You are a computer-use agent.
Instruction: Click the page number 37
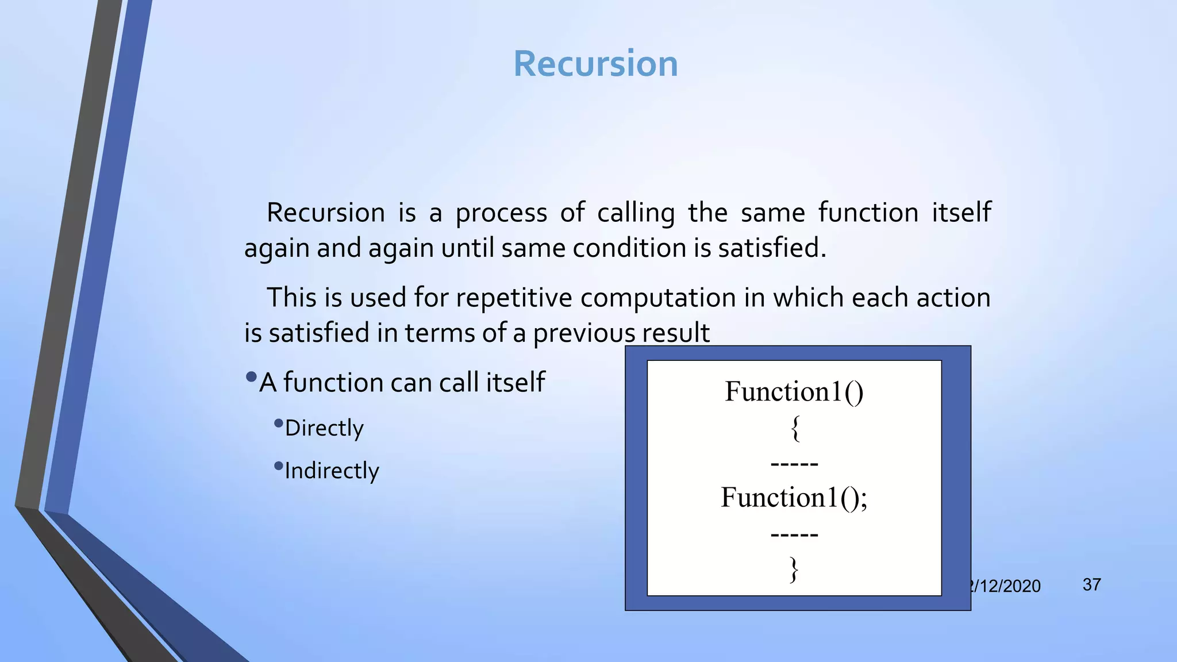(x=1091, y=585)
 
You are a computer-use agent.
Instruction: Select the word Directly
(x=324, y=429)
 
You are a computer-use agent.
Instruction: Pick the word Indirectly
(x=332, y=471)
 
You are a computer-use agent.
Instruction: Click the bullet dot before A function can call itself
(x=251, y=378)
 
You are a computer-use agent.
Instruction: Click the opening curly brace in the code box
(x=795, y=429)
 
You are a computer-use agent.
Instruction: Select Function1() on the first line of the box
(x=794, y=392)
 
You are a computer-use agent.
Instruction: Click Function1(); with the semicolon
(x=794, y=498)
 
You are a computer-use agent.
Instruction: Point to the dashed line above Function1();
(x=794, y=464)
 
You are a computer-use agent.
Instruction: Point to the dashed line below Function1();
(x=794, y=535)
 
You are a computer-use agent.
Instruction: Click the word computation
(x=658, y=298)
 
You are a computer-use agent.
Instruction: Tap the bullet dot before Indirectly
(x=279, y=465)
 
